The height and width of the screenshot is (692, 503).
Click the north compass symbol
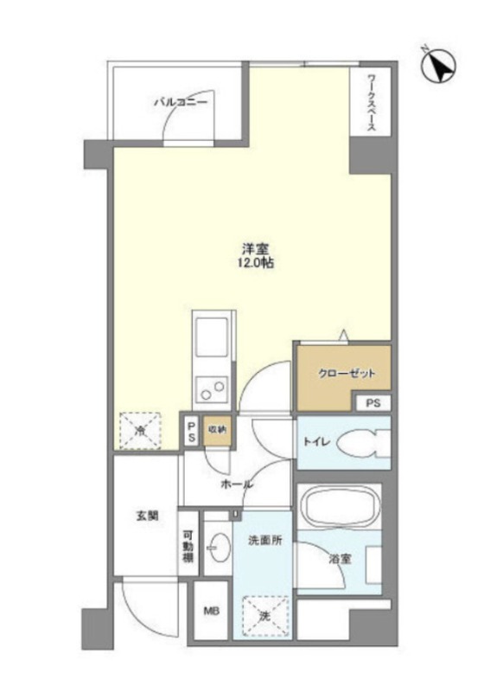tap(439, 66)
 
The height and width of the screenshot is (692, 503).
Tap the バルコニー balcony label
tap(181, 103)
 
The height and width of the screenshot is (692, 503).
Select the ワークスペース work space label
tap(372, 104)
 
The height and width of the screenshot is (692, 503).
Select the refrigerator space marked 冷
tap(140, 431)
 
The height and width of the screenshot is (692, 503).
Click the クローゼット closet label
tap(347, 374)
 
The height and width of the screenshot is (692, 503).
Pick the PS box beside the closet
tap(373, 403)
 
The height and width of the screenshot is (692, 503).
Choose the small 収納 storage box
tap(217, 429)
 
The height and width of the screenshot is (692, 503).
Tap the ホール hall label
tap(237, 484)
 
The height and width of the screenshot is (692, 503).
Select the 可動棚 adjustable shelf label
tap(188, 545)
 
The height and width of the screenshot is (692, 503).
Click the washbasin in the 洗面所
tap(219, 548)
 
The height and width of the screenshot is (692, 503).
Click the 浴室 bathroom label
tap(341, 559)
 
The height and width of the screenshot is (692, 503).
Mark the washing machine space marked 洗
tap(265, 616)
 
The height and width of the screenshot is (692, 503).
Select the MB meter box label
tap(211, 612)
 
